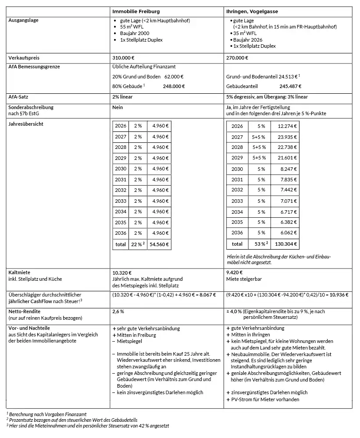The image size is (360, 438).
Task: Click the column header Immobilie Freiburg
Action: [x=136, y=11]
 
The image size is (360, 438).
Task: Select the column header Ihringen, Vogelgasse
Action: [x=252, y=11]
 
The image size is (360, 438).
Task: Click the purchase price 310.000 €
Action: [x=124, y=58]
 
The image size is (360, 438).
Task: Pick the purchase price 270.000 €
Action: [x=237, y=58]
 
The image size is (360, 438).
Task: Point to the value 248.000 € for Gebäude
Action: [x=174, y=86]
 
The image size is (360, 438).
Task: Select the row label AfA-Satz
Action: [x=19, y=96]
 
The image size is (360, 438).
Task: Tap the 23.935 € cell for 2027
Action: [x=287, y=137]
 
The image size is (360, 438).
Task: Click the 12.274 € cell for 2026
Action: [x=287, y=126]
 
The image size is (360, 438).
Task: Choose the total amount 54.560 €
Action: [x=160, y=244]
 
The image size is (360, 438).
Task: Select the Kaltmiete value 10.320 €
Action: [x=122, y=272]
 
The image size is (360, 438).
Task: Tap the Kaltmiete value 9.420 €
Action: [x=235, y=272]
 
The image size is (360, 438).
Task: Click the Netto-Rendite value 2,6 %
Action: [x=118, y=312]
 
